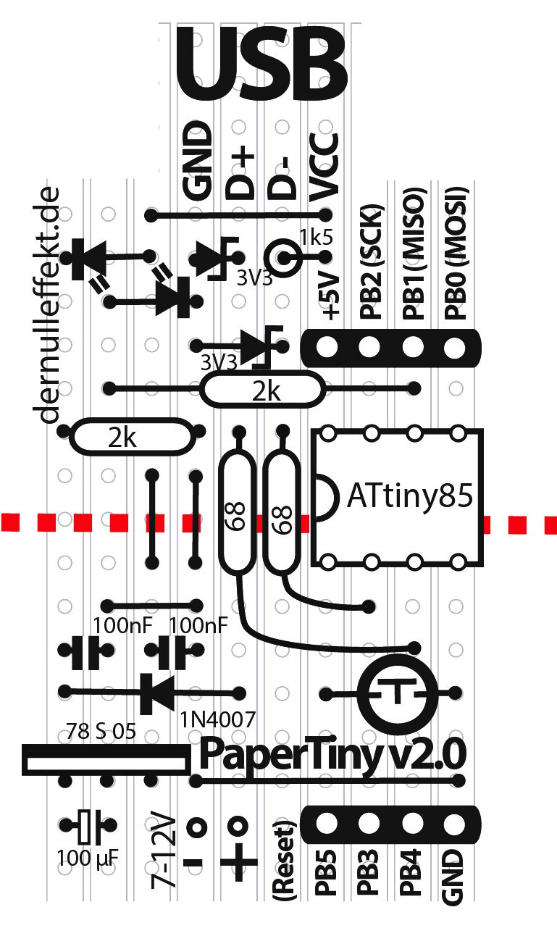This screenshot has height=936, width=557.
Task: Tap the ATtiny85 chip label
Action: coord(410,496)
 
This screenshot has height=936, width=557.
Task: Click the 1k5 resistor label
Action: coord(317,236)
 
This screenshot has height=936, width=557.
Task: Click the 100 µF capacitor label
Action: coord(88,860)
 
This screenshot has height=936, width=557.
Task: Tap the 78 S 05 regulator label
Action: coord(100,731)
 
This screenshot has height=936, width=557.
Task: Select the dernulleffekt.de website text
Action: coord(49,304)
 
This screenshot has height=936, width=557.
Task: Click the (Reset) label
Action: coord(285,861)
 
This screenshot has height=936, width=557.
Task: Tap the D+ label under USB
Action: coord(240,172)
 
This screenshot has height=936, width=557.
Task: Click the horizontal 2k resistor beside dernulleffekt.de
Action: coord(132,437)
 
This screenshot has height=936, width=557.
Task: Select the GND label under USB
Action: coord(197,161)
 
